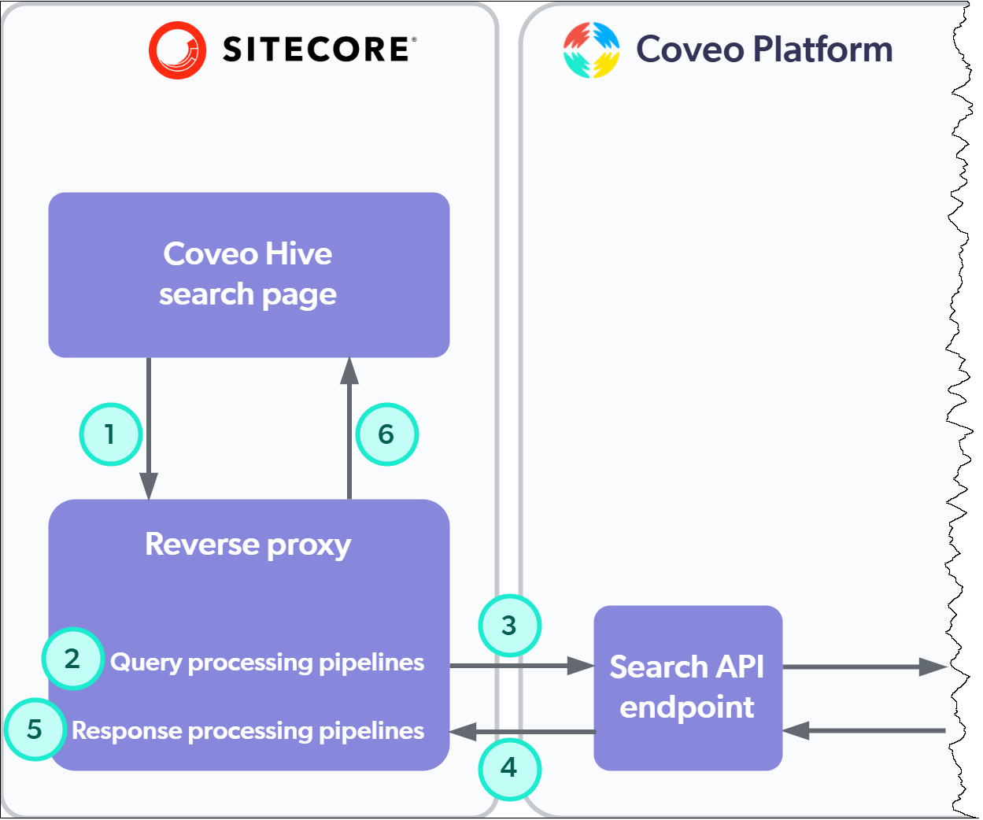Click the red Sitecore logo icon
[x=177, y=50]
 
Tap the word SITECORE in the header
[x=317, y=50]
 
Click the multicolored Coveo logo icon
[x=591, y=50]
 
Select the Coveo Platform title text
[x=763, y=50]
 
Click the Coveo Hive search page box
[x=249, y=275]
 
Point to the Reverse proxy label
[x=248, y=545]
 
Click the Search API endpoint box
[x=687, y=687]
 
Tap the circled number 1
[x=110, y=434]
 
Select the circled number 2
[x=72, y=659]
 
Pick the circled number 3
[x=509, y=626]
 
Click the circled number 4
[x=509, y=768]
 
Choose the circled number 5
[x=35, y=730]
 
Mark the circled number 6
[x=386, y=434]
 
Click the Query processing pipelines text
[x=267, y=663]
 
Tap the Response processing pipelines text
[x=248, y=731]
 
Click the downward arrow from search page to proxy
[x=149, y=429]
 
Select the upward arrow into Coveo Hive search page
[x=349, y=429]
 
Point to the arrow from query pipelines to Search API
[x=521, y=667]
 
